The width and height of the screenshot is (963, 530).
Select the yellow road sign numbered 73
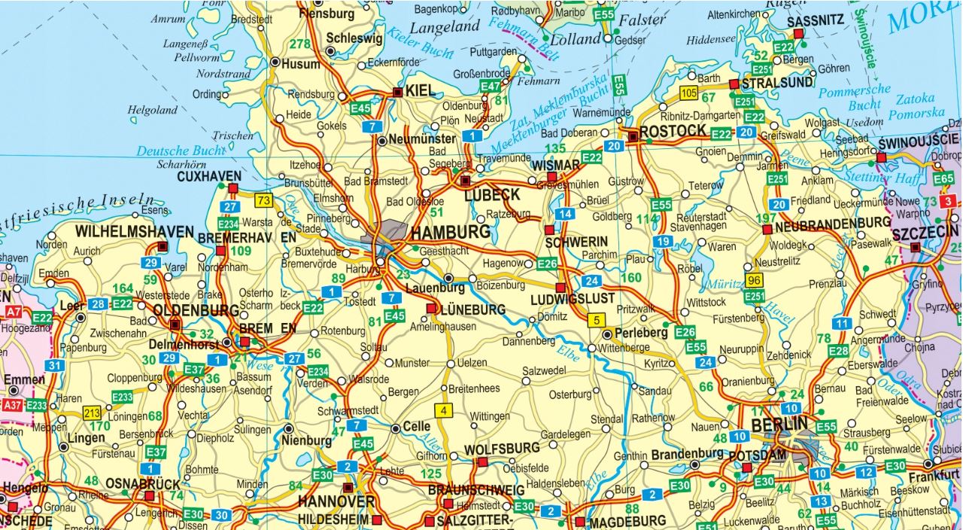[x=263, y=200]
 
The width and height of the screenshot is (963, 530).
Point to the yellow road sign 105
[x=688, y=93]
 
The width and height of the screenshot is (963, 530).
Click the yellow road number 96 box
[x=755, y=280]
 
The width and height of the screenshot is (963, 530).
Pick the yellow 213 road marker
[x=92, y=412]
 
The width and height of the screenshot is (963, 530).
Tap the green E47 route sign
[x=490, y=87]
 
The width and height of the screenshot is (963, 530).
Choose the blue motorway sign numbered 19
[x=663, y=242]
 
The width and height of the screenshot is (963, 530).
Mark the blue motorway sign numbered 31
[x=54, y=366]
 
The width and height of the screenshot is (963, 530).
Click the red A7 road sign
[x=13, y=310]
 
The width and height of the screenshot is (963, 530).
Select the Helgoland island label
[x=152, y=110]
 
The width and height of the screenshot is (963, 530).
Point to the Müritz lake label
[x=718, y=284]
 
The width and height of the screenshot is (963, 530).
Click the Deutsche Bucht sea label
[x=181, y=151]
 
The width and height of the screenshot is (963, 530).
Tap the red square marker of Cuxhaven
[x=233, y=187]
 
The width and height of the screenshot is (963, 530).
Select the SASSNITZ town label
[x=816, y=21]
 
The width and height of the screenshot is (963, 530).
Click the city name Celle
[x=416, y=427]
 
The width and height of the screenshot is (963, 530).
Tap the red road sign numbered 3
[x=949, y=201]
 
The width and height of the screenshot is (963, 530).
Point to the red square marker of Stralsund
[x=734, y=83]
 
